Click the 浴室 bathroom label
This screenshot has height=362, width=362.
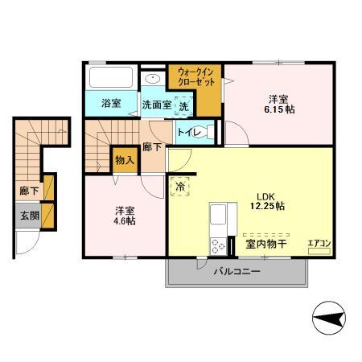(x=111, y=104)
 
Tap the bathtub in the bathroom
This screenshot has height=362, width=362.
(x=111, y=77)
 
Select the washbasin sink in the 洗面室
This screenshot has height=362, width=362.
(x=153, y=79)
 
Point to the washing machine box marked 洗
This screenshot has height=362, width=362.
(x=183, y=106)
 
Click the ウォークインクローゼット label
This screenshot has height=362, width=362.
(x=196, y=77)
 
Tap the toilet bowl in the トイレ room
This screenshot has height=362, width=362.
(x=204, y=132)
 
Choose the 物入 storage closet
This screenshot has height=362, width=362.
(x=125, y=160)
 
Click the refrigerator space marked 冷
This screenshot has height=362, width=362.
(x=180, y=187)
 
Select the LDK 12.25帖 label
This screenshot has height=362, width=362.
(x=267, y=201)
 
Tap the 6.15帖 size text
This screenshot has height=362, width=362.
(x=279, y=109)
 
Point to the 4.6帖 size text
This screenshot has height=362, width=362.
(x=125, y=221)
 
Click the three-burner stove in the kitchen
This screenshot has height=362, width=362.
(x=219, y=246)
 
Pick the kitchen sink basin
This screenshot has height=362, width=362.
(x=218, y=214)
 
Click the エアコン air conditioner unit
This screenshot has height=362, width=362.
(x=319, y=251)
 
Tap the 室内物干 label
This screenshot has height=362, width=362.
(x=266, y=244)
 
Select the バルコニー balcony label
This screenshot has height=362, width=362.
(x=237, y=272)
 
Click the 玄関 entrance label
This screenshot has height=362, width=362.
(x=30, y=216)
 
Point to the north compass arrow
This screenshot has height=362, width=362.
(x=329, y=318)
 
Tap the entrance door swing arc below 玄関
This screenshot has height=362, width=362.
(x=31, y=247)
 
